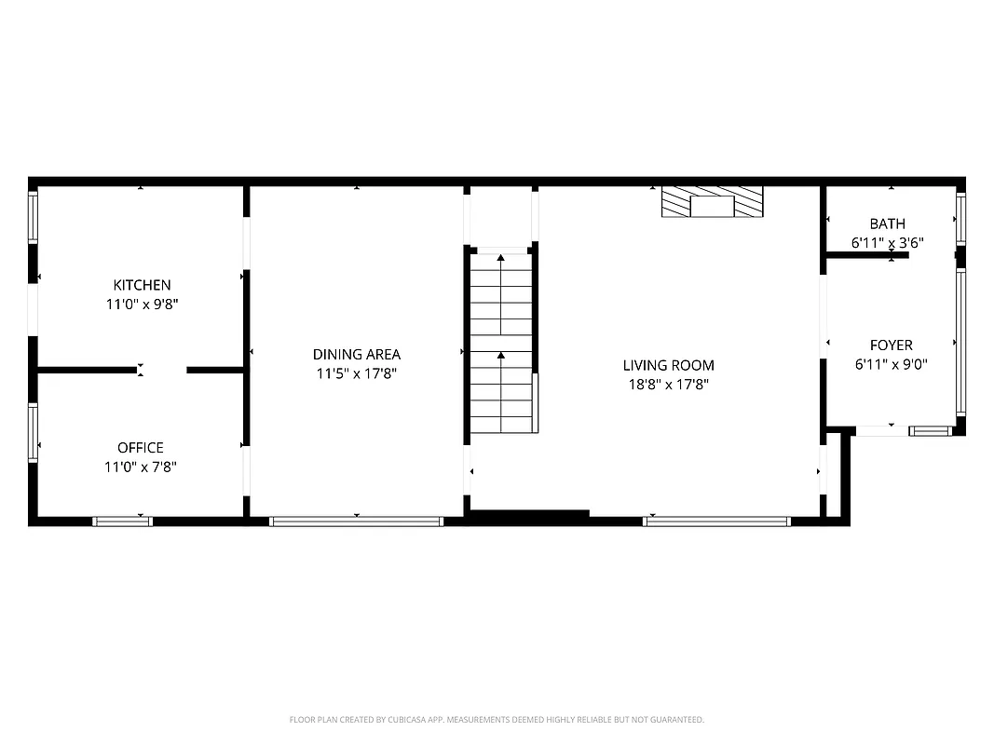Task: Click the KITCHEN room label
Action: tap(142, 285)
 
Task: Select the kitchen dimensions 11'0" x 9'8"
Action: tap(142, 304)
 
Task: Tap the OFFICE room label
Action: tap(141, 448)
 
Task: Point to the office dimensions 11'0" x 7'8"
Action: tap(141, 467)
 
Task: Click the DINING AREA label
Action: tap(357, 354)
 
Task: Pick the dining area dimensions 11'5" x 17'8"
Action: tap(357, 373)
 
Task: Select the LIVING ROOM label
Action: tap(669, 365)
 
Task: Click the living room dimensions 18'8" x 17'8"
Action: tap(669, 384)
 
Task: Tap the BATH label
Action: tap(887, 223)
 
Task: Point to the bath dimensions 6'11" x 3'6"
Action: tap(887, 242)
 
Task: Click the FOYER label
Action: tap(891, 345)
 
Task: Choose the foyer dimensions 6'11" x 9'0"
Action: tap(891, 365)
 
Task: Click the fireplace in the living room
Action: tap(713, 203)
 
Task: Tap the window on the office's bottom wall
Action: tap(122, 521)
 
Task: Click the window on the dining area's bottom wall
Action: tap(356, 521)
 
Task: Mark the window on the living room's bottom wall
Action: tap(716, 521)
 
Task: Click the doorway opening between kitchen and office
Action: tap(162, 371)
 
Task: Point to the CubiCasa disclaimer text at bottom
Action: tap(497, 720)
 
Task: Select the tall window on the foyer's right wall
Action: tap(960, 342)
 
